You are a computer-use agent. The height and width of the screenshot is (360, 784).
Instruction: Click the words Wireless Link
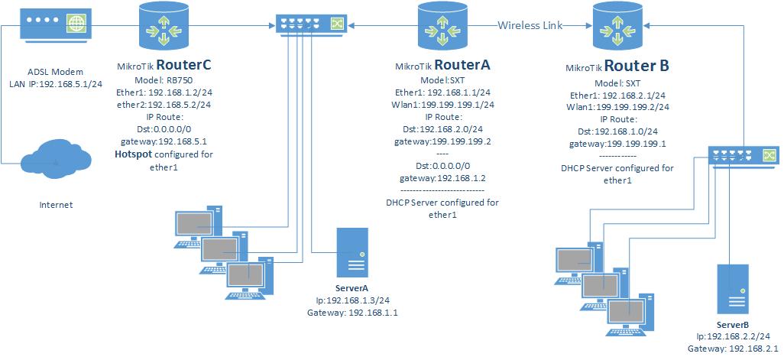[530, 25]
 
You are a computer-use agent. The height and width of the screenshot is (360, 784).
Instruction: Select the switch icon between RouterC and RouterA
[311, 25]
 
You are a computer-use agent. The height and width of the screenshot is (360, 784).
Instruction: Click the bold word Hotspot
[134, 154]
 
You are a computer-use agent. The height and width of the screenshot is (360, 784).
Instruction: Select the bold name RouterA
[462, 66]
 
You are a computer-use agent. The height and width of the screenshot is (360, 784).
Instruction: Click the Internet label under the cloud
[55, 205]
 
